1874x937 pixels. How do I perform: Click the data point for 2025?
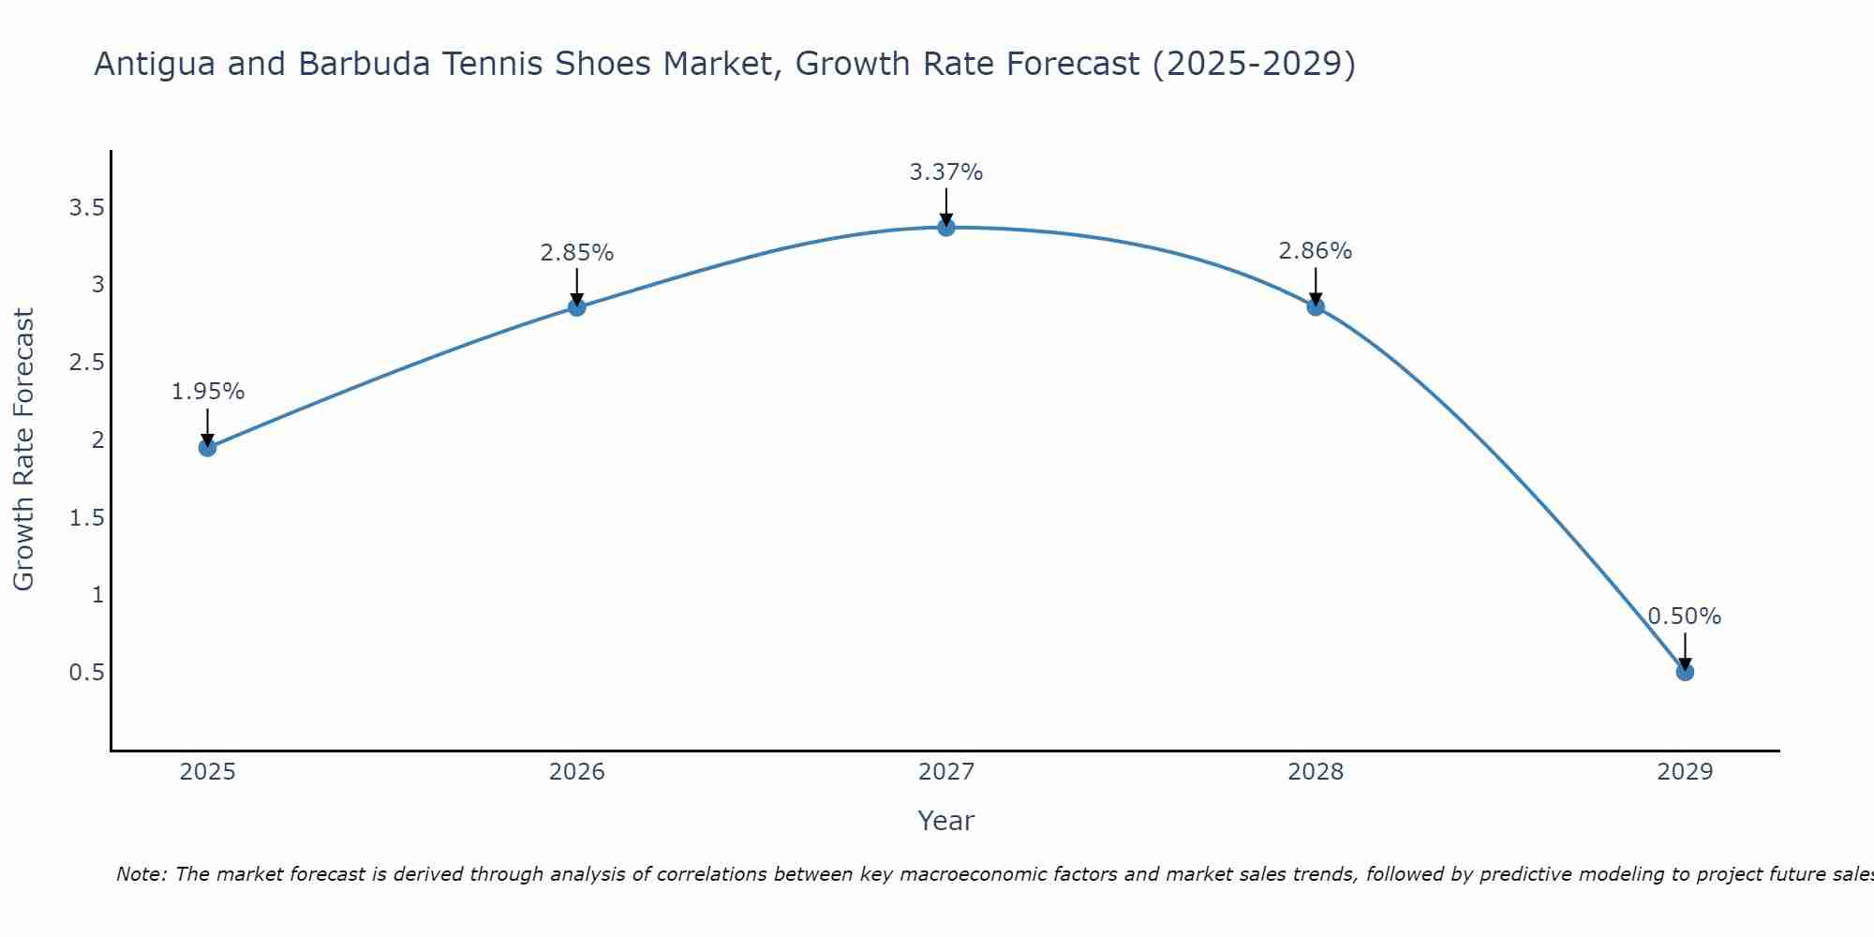click(x=208, y=448)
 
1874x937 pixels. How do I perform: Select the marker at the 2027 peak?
click(x=946, y=227)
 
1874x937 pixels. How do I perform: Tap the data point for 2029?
click(x=1685, y=672)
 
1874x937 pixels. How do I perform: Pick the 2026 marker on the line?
click(x=577, y=307)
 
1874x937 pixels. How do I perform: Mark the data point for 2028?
click(x=1316, y=306)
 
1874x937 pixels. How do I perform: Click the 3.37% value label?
click(x=946, y=172)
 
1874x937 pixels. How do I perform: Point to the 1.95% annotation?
click(x=208, y=392)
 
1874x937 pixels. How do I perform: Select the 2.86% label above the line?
click(x=1316, y=251)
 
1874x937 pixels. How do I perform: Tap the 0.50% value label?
click(x=1685, y=617)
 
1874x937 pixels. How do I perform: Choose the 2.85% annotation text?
click(x=577, y=253)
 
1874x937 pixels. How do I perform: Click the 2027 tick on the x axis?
click(x=946, y=772)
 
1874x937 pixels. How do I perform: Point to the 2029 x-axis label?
click(x=1685, y=772)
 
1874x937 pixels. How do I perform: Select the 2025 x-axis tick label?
click(x=208, y=772)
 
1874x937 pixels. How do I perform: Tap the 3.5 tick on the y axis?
click(x=86, y=208)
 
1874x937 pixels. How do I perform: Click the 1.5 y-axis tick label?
click(x=86, y=517)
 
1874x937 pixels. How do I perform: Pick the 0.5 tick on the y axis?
click(x=86, y=673)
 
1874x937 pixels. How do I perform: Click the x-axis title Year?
click(x=946, y=821)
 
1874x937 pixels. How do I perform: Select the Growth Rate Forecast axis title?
click(x=23, y=450)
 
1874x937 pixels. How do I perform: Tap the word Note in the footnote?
click(x=141, y=874)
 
